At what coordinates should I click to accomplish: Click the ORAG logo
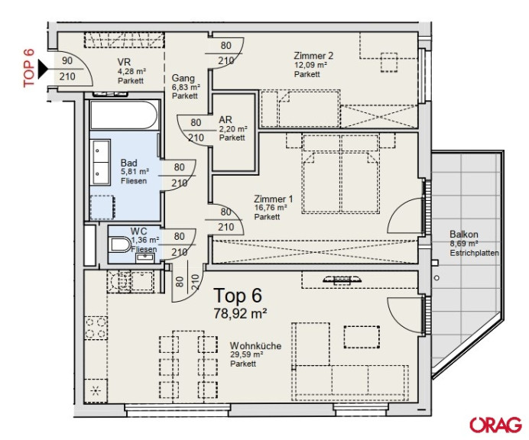click(495, 425)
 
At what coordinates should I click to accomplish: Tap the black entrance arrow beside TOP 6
click(43, 69)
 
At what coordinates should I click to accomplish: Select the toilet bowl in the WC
click(120, 244)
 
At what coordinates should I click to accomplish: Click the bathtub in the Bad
click(124, 115)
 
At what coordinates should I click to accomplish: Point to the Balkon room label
click(464, 234)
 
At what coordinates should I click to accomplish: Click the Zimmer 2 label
click(313, 56)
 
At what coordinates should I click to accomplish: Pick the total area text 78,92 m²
click(240, 313)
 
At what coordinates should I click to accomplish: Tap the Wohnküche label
click(255, 346)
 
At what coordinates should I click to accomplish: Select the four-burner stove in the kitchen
click(96, 328)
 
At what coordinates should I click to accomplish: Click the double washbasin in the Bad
click(100, 162)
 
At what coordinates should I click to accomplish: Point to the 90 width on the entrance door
click(67, 60)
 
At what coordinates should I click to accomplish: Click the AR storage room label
click(226, 120)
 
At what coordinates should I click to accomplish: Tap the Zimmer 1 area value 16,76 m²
click(271, 208)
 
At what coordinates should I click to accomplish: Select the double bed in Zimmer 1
click(340, 173)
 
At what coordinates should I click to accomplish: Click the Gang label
click(183, 78)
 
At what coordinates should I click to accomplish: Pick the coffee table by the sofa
click(362, 337)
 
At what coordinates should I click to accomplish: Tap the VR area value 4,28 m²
click(131, 72)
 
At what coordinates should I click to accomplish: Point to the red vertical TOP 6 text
click(29, 68)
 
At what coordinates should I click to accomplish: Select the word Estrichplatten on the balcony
click(474, 253)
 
